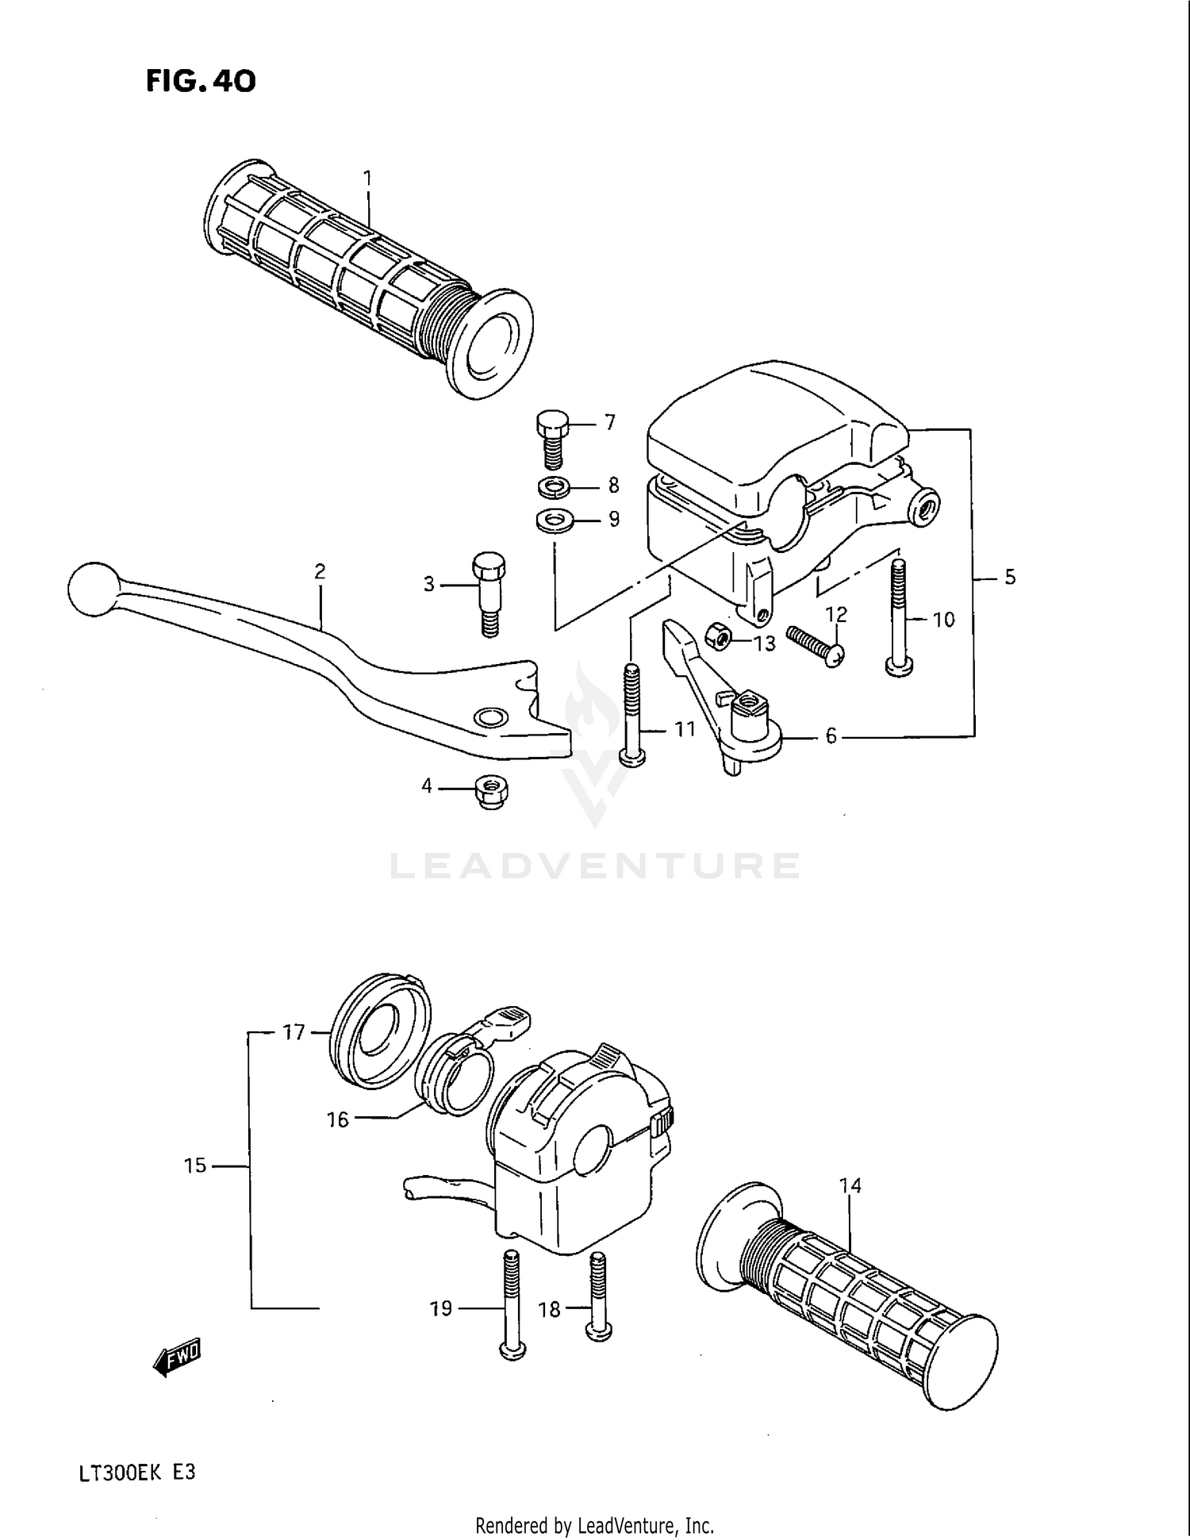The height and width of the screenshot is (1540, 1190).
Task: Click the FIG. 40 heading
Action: (201, 81)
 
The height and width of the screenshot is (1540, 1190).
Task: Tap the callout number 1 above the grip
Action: (368, 179)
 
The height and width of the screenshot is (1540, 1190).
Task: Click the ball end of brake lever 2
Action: (92, 589)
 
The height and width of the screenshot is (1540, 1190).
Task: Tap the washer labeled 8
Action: (553, 486)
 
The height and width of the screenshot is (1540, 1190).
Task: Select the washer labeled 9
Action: (555, 521)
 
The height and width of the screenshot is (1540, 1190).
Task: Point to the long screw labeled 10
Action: (897, 619)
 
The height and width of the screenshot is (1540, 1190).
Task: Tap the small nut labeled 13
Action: (719, 636)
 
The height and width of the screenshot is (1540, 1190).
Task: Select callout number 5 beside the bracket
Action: (1009, 578)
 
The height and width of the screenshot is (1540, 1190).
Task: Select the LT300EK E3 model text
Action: (136, 1473)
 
